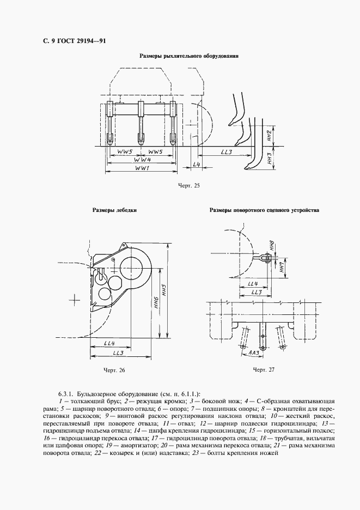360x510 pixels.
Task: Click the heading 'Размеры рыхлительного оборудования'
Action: click(x=189, y=56)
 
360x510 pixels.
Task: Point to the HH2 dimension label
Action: click(x=270, y=136)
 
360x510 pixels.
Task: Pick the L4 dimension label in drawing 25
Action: click(x=197, y=164)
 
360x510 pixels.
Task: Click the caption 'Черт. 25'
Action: click(x=189, y=186)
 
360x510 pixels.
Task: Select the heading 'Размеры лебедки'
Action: click(x=114, y=210)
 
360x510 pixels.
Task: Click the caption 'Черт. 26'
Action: click(x=114, y=371)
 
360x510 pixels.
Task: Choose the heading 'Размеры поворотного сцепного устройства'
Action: click(x=264, y=210)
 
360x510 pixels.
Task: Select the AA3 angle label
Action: click(x=253, y=353)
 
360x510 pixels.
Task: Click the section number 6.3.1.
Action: click(x=65, y=393)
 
